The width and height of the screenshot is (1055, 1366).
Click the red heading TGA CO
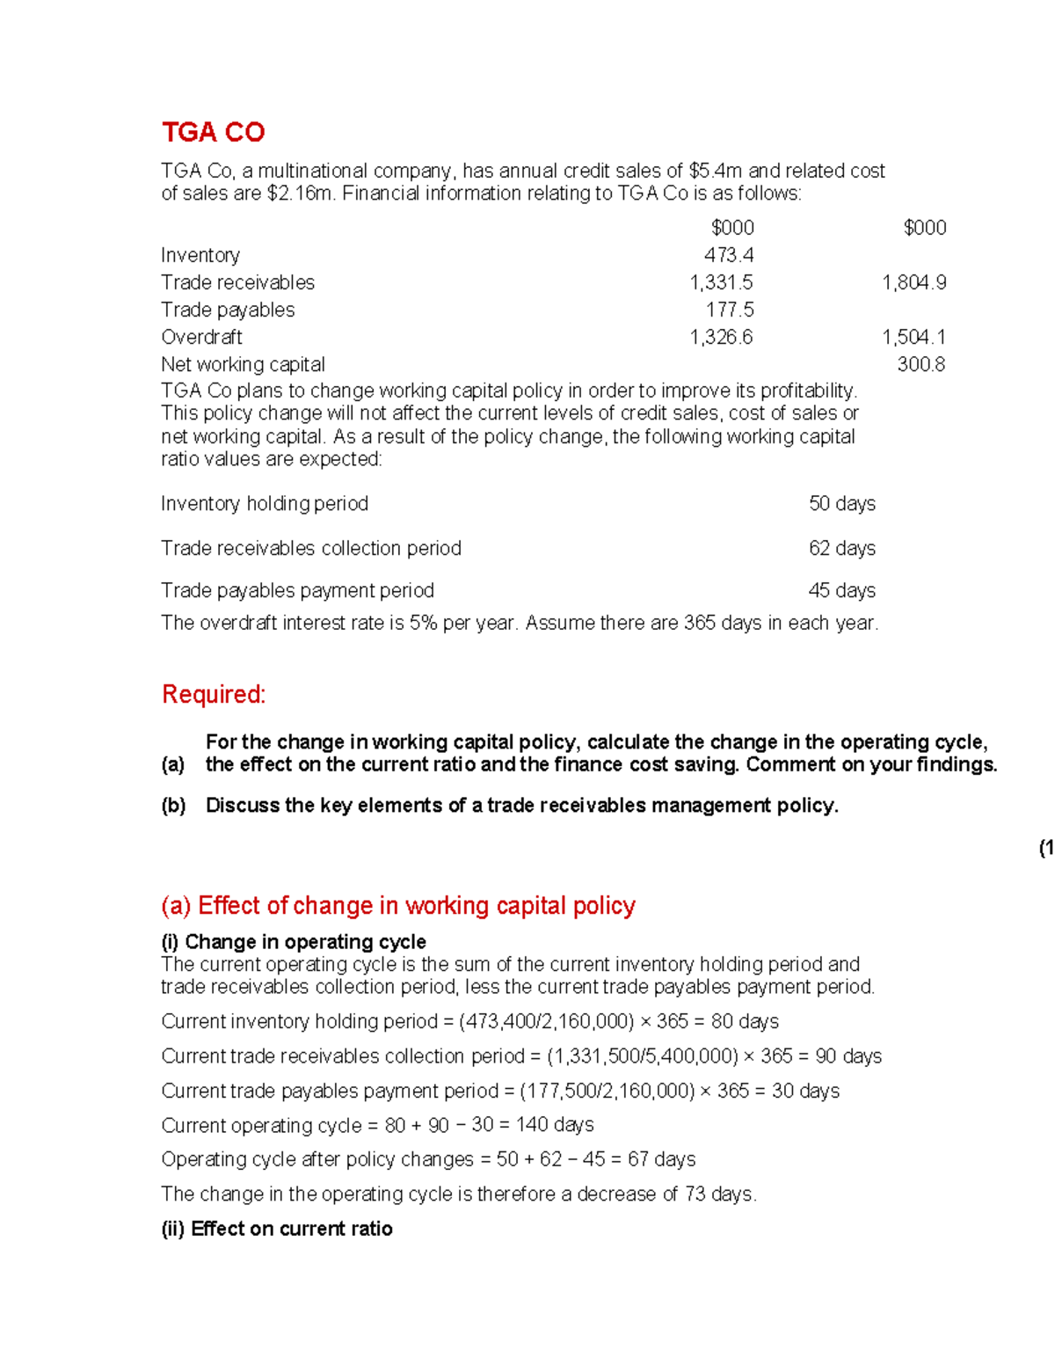(213, 132)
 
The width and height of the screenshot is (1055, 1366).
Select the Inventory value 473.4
(729, 255)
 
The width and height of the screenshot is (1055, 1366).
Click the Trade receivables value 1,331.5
(721, 282)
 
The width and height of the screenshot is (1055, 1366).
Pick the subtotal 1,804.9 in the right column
(913, 282)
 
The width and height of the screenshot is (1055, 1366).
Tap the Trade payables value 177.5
(730, 310)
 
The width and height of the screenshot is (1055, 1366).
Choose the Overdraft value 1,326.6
(721, 337)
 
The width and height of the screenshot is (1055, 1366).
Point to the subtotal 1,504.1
(913, 337)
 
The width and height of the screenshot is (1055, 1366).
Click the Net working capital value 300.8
(920, 364)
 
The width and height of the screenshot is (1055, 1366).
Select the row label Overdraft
(201, 337)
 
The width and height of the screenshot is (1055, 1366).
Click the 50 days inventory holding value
(841, 503)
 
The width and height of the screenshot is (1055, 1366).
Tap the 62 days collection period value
(841, 548)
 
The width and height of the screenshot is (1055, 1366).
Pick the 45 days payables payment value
(841, 590)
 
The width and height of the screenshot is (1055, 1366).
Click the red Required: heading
(214, 694)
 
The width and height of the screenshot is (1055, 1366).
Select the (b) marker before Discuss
(173, 806)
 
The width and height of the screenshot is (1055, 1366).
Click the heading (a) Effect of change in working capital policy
(398, 905)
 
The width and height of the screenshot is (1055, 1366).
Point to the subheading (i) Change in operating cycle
(294, 942)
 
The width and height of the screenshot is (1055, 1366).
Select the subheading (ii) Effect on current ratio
(277, 1229)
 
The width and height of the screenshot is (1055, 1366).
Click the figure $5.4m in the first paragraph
(716, 171)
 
